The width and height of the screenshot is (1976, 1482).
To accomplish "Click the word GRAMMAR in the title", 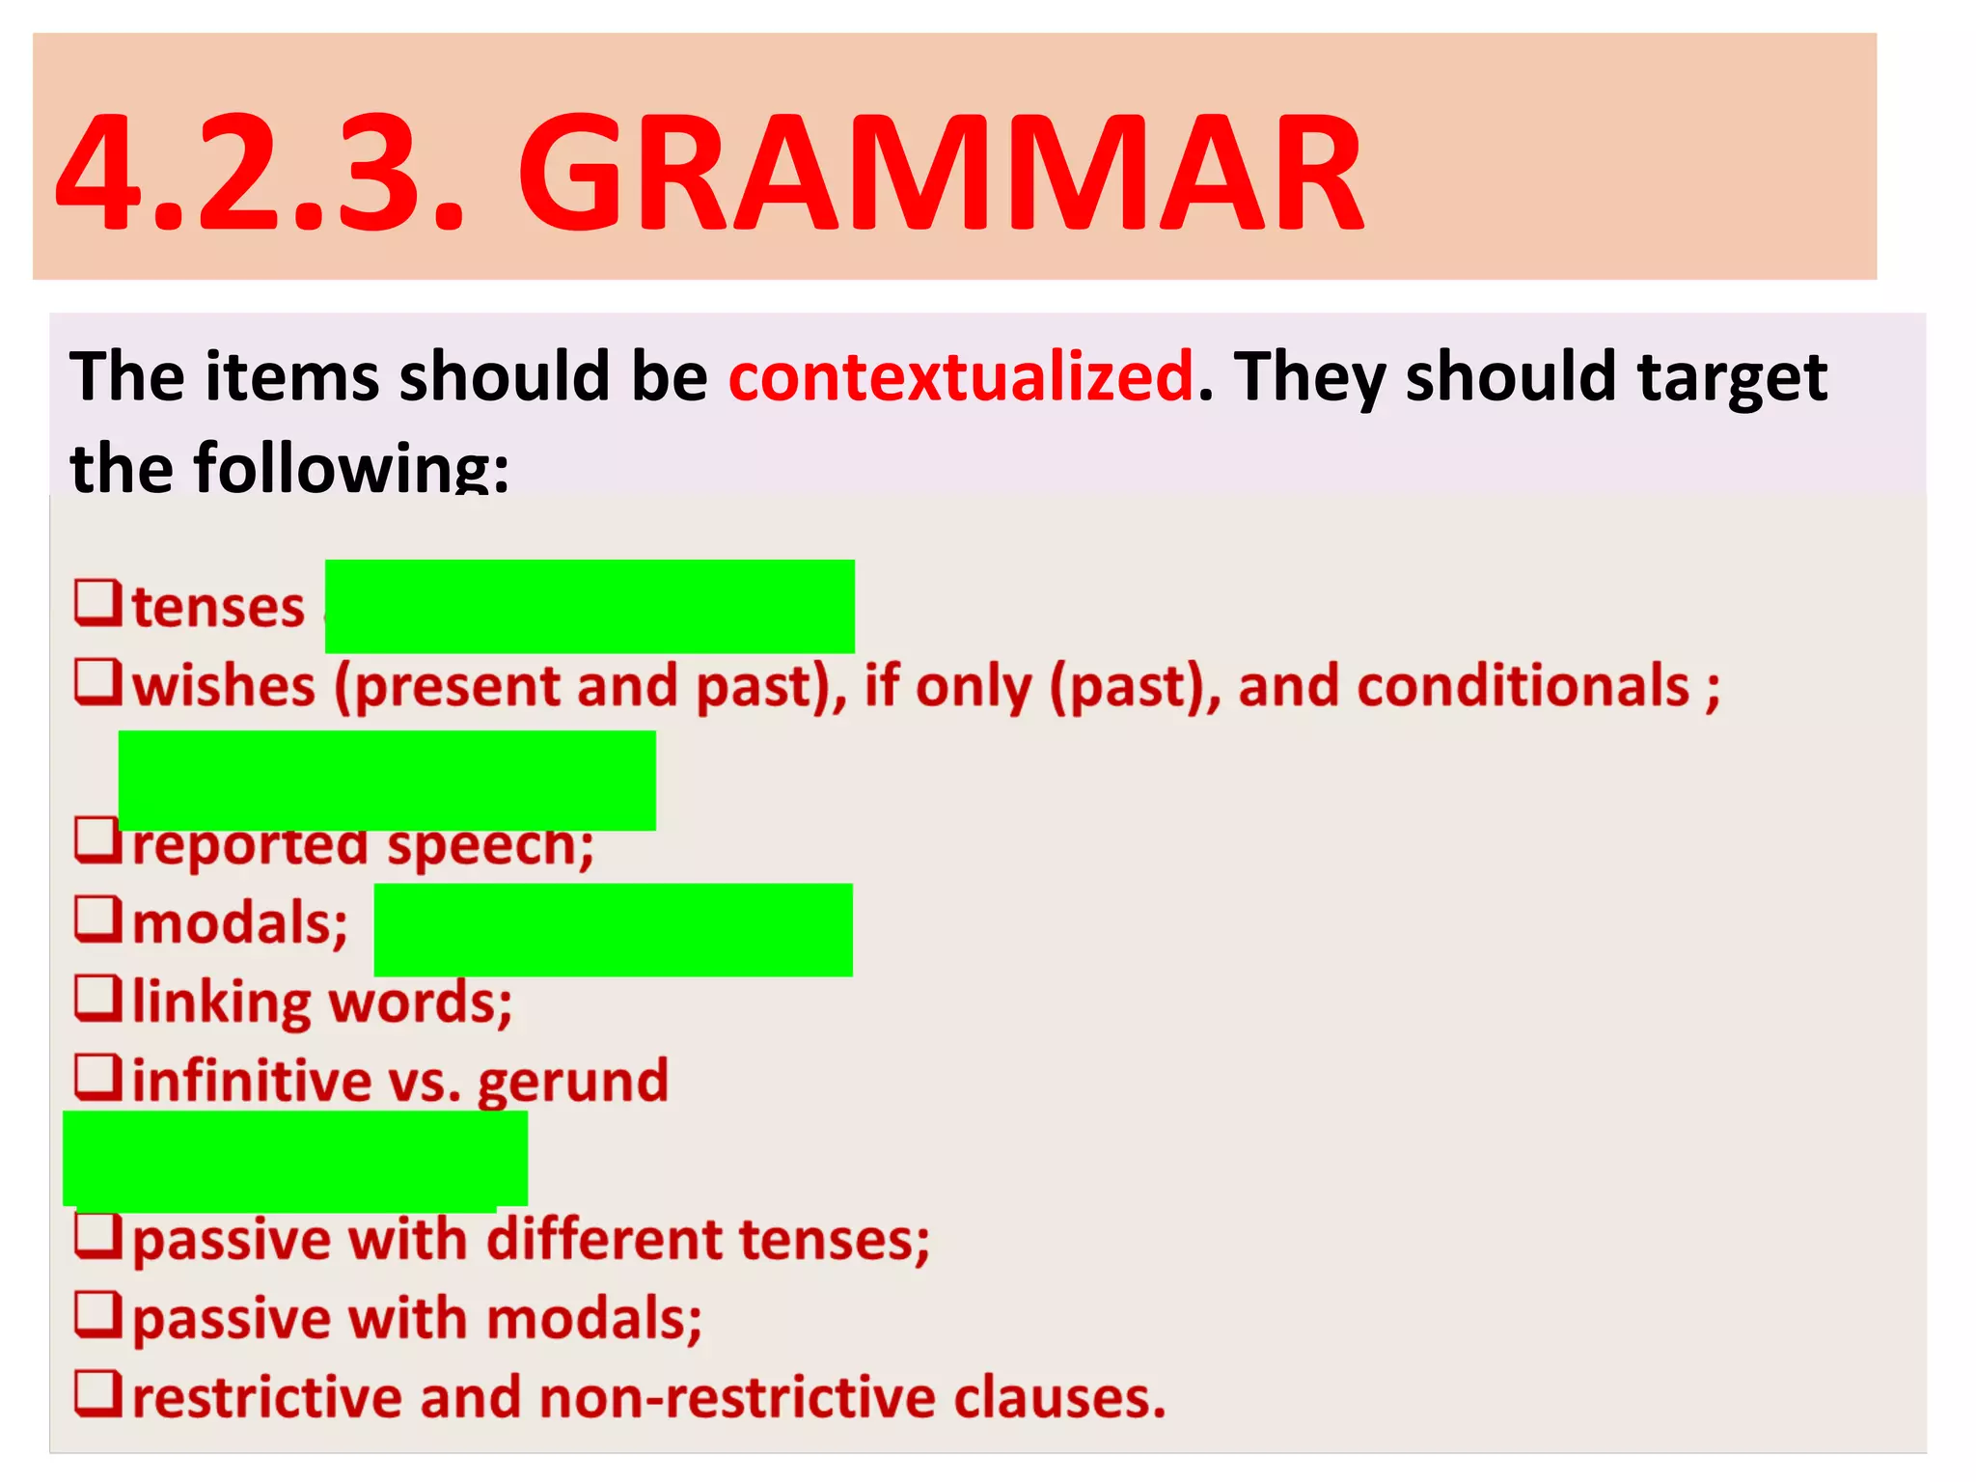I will pos(941,174).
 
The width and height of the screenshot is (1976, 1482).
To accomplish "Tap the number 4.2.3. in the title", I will pos(261,174).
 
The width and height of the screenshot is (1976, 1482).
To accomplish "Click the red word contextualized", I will pos(961,376).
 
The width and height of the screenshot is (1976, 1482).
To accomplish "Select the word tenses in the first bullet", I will pos(218,608).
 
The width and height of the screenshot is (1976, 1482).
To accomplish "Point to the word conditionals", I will pos(1464,687).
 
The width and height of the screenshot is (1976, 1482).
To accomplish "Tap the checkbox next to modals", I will pos(98,919).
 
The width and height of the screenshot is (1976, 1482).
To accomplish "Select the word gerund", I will pos(572,1081).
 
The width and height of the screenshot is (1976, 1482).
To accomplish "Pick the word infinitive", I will pos(251,1081).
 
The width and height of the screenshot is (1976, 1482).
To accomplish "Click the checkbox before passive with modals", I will pos(98,1314).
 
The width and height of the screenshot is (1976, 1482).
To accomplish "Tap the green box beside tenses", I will pos(590,606).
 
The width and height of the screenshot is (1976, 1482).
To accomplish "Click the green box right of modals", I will pos(613,929).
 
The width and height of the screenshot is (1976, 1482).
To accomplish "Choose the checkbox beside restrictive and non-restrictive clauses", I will pos(98,1393).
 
